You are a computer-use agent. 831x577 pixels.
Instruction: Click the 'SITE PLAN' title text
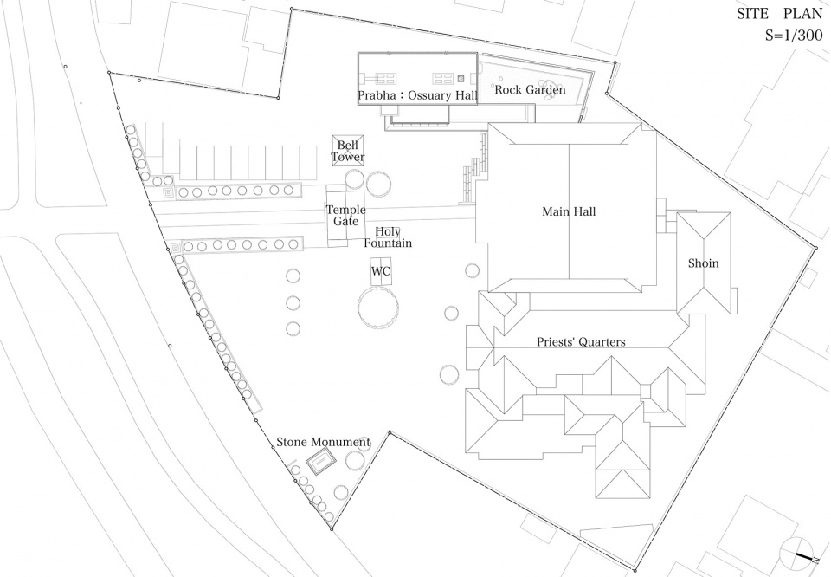[779, 14]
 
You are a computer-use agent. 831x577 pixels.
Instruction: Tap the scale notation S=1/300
[794, 35]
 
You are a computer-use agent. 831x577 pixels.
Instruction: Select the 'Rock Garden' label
[530, 89]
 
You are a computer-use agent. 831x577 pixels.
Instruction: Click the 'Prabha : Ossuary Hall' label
[417, 96]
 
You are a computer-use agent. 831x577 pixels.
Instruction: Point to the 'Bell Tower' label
[348, 151]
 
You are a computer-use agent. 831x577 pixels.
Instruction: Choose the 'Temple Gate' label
[345, 216]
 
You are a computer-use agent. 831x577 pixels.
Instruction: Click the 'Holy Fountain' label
[388, 237]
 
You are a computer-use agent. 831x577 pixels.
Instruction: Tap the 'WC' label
[381, 271]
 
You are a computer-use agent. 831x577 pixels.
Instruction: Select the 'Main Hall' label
[569, 211]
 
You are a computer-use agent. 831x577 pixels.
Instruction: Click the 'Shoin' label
[703, 263]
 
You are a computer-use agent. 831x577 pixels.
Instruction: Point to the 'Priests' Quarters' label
[581, 342]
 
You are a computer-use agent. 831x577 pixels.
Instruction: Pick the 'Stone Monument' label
[323, 442]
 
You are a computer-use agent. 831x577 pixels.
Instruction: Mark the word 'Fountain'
[388, 243]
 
